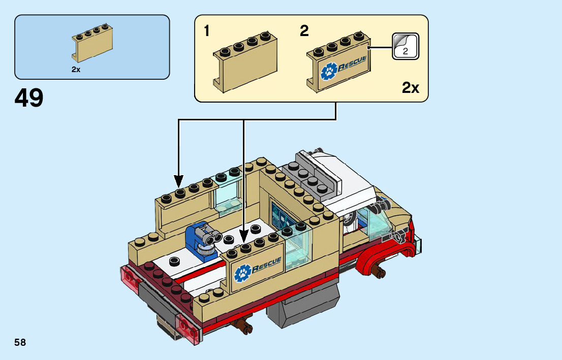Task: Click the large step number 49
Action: (x=29, y=98)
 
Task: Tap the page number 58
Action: (x=20, y=342)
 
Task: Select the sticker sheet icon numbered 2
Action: (x=405, y=46)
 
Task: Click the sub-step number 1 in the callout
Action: (x=206, y=31)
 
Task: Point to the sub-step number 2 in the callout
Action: (x=304, y=31)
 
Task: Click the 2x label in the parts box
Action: (x=76, y=70)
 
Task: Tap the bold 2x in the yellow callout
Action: (x=411, y=88)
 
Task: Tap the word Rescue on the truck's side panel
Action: (x=267, y=265)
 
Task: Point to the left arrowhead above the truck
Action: (x=178, y=181)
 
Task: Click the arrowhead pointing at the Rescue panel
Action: (x=244, y=237)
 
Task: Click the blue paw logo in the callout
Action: (x=329, y=71)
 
